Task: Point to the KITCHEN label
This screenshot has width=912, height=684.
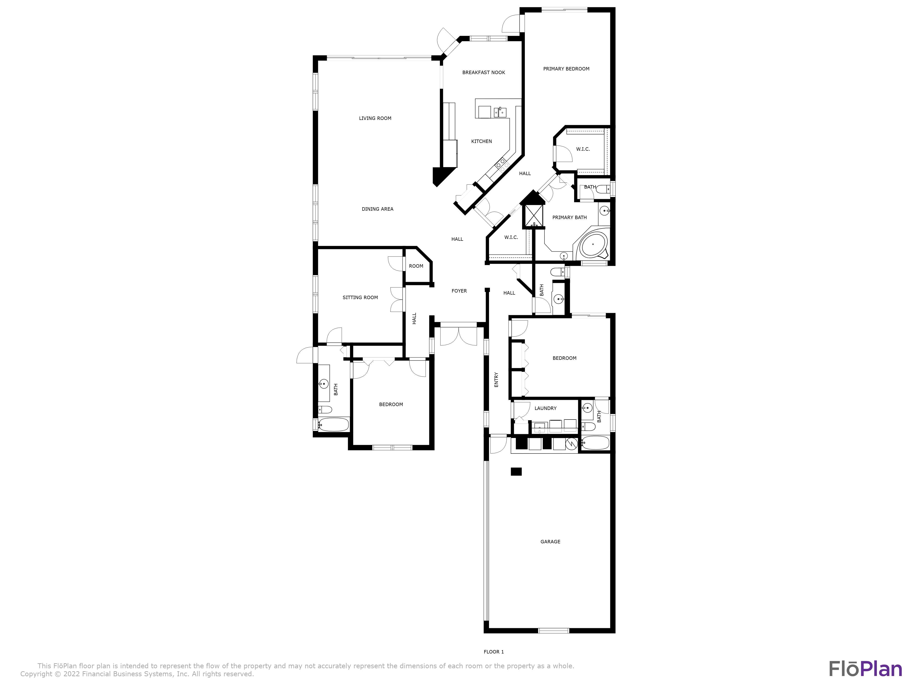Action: (481, 141)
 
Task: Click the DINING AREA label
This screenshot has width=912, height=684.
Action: (377, 209)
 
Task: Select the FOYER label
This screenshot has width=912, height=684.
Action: (459, 291)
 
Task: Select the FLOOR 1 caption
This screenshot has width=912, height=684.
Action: (494, 652)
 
